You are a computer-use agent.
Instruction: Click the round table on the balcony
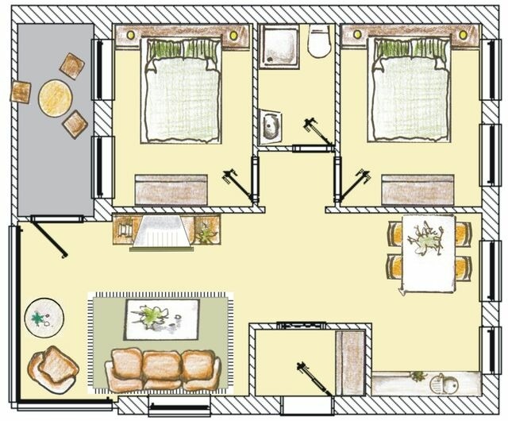pos(56,98)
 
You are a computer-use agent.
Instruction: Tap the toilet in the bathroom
pos(319,42)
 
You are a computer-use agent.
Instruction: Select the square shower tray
pos(279,46)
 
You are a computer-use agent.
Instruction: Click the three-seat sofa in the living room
pos(164,369)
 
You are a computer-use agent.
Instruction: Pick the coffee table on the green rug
pos(162,318)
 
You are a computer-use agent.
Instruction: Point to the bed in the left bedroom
pos(181,91)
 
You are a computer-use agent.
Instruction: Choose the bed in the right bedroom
pos(410,91)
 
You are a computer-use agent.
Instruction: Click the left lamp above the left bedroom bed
pos(129,35)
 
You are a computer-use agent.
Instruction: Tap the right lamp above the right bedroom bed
pos(464,35)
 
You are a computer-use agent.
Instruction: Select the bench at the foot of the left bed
pos(171,190)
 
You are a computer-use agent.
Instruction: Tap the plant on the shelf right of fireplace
pos(206,232)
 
